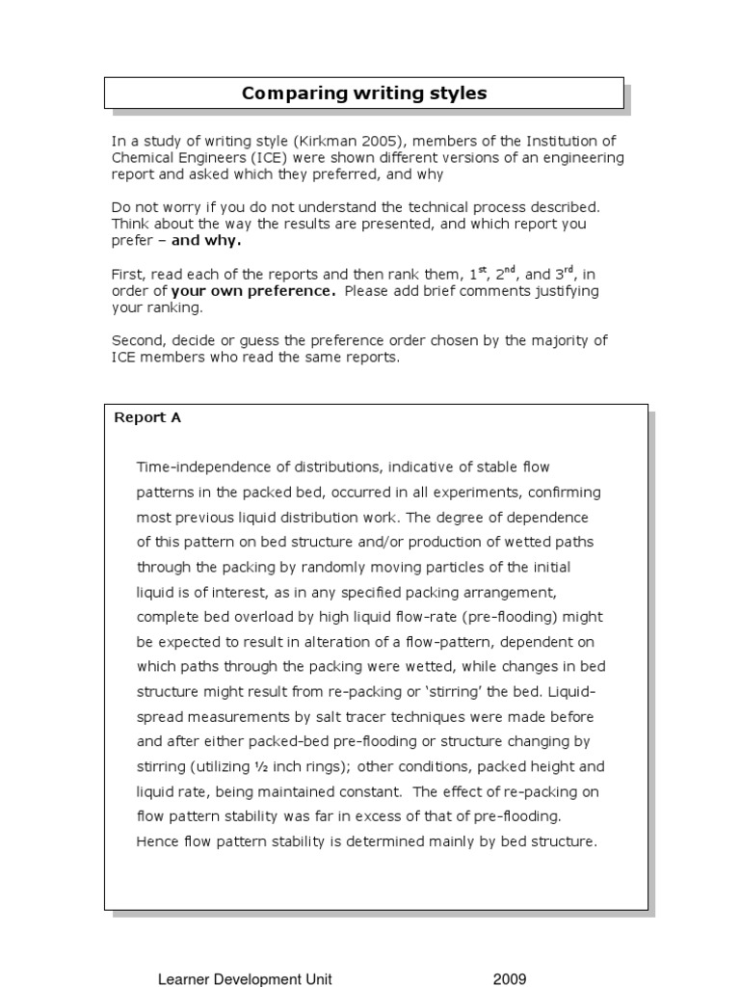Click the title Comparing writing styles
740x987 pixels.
click(x=364, y=93)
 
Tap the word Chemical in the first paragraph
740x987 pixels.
click(x=141, y=158)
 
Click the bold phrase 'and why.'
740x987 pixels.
click(x=206, y=241)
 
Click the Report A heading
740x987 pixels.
click(x=147, y=417)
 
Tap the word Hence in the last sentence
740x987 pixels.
click(x=157, y=841)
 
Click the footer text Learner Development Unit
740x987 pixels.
click(x=245, y=979)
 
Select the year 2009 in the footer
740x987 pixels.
click(x=510, y=979)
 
